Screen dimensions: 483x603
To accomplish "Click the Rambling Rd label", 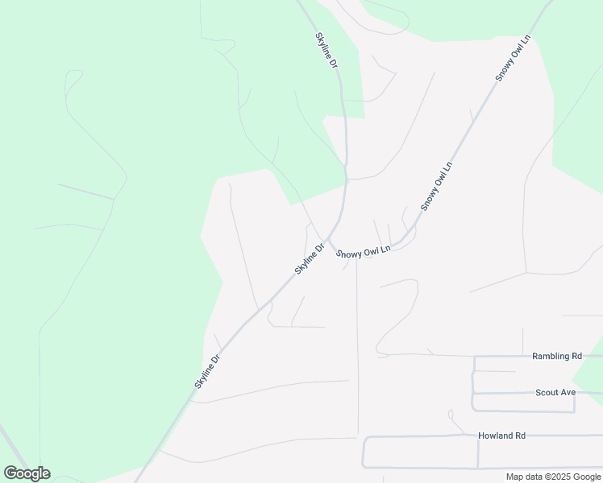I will pos(557,356).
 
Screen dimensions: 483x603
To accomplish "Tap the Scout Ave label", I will pos(555,393).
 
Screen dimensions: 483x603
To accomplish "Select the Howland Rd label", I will pos(501,436).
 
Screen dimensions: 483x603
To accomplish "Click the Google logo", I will pos(27,473).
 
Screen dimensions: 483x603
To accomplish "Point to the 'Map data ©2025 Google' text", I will pos(554,477).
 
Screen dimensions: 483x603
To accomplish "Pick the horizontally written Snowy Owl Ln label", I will pos(364,252).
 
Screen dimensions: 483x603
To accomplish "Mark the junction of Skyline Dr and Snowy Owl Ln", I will pos(331,243).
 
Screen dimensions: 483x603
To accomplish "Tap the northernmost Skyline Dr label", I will pos(326,49).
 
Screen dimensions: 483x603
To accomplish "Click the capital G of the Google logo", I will pos(10,473).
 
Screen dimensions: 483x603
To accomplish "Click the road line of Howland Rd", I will pos(419,437).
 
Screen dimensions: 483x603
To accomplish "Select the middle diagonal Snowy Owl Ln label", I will pos(436,187).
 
